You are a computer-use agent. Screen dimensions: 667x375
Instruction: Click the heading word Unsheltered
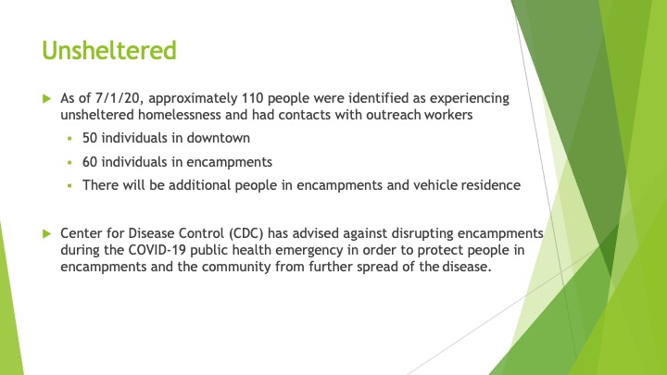tap(109, 50)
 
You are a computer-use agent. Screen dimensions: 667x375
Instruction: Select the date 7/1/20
tap(118, 98)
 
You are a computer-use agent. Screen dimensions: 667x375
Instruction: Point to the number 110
tap(253, 98)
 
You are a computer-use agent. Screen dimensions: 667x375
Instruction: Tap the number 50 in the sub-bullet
tap(90, 138)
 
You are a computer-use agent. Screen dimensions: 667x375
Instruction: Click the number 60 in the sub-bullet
tap(90, 162)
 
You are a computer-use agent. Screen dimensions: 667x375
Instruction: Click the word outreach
tap(394, 115)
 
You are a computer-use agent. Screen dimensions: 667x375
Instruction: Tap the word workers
tap(448, 115)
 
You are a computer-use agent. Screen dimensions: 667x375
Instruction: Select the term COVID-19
tap(157, 250)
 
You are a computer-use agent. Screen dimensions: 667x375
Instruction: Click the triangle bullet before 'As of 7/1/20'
tap(47, 99)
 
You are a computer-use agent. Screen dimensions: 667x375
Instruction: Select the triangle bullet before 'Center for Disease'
tap(47, 233)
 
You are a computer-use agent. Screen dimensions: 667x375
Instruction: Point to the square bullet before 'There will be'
tap(69, 186)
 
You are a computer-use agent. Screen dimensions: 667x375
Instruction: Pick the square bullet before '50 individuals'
tap(69, 139)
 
